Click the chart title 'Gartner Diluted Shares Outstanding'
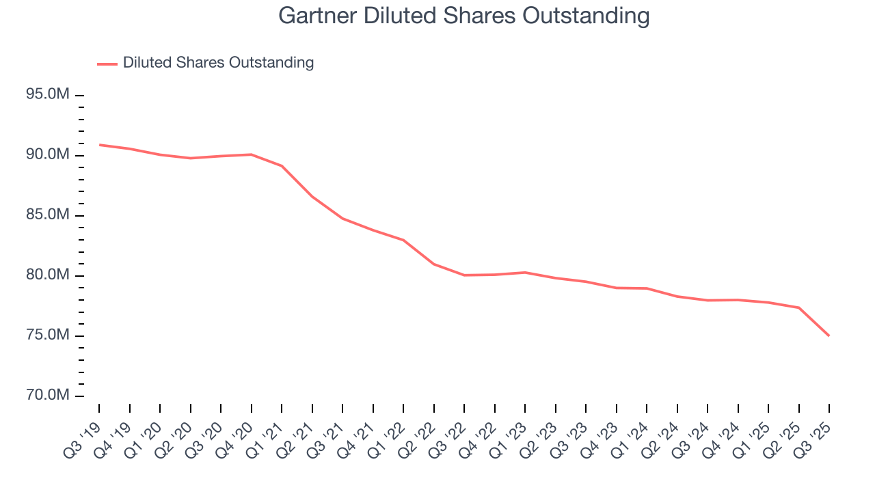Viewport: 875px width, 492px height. point(463,15)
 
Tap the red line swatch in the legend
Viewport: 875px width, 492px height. point(107,64)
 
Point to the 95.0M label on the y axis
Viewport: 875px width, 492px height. point(48,94)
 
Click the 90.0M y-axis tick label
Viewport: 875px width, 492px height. point(48,154)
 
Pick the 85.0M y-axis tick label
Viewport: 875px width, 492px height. point(48,215)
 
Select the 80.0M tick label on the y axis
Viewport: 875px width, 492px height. point(48,275)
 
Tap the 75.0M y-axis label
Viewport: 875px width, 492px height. point(48,335)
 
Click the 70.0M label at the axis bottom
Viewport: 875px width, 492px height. point(48,395)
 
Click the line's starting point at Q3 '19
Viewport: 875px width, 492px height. point(99,145)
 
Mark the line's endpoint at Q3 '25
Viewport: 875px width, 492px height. point(829,336)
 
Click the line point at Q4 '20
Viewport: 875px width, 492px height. point(252,154)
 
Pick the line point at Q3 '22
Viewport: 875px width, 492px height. point(464,275)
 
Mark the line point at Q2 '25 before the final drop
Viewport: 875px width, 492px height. point(798,307)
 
